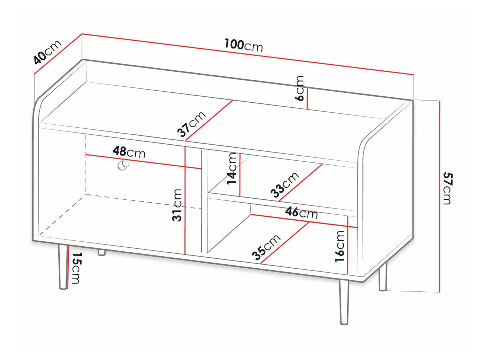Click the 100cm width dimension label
pos(244,45)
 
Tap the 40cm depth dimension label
pos(48,52)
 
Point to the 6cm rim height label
pos(300,88)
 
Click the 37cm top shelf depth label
pos(192,124)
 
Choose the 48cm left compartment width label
pos(129,152)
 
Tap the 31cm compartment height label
pos(177,205)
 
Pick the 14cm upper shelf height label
pos(232,168)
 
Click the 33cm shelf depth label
pos(285,185)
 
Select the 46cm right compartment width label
pos(302,213)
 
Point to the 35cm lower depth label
pos(266,247)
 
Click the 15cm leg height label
pos(76,268)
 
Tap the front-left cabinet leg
pos(63,267)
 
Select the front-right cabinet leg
pos(344,302)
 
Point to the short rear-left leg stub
pos(102,253)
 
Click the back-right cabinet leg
pos(382,279)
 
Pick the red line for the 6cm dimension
pos(307,98)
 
